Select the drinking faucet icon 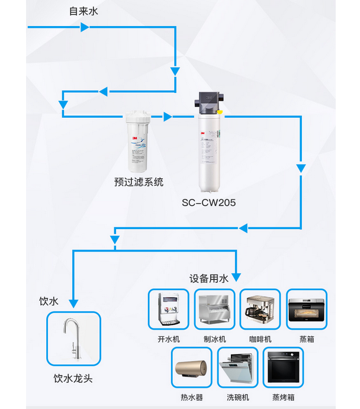click(x=73, y=339)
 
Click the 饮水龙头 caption click(x=73, y=378)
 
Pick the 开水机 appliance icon click(x=168, y=310)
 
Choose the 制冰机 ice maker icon click(x=214, y=310)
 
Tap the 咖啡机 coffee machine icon click(x=260, y=310)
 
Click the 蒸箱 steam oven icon click(x=306, y=310)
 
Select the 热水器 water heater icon click(x=191, y=368)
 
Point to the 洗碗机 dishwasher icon click(x=237, y=368)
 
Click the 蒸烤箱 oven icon click(x=283, y=368)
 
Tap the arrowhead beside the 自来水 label click(x=85, y=27)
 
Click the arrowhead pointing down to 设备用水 click(x=237, y=276)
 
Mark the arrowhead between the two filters click(x=168, y=117)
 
